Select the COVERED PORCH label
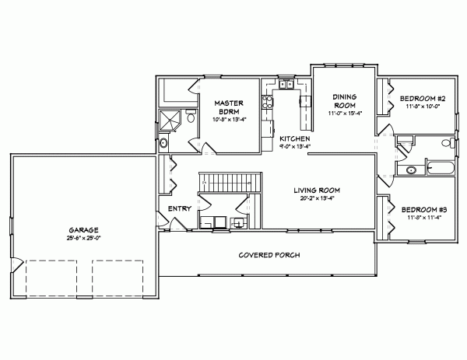pyautogui.click(x=269, y=255)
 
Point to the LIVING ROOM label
pyautogui.click(x=317, y=190)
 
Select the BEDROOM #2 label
pyautogui.click(x=421, y=99)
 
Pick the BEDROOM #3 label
pyautogui.click(x=421, y=210)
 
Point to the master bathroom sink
pyautogui.click(x=163, y=144)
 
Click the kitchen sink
pyautogui.click(x=286, y=85)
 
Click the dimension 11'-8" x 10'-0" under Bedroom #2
pyautogui.click(x=421, y=107)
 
